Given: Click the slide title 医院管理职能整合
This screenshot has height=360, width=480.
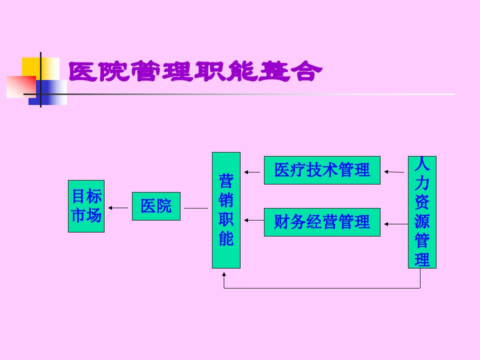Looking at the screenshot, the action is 195,71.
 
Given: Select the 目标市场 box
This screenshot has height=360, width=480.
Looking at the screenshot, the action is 86,206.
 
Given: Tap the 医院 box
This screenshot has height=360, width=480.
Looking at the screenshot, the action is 156,206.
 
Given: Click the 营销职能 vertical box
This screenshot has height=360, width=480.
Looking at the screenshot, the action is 226,210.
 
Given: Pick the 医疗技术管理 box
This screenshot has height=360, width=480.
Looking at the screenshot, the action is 322,170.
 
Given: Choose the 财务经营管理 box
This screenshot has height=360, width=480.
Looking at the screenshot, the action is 322,222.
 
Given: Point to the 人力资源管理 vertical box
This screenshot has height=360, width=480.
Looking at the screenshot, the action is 422,212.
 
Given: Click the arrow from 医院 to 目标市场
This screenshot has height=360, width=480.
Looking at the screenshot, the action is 118,208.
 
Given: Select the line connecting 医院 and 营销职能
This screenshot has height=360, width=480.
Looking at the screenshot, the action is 196,208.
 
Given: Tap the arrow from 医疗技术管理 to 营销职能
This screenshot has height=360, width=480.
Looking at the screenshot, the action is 252,172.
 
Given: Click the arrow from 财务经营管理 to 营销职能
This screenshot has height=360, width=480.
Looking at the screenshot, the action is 254,220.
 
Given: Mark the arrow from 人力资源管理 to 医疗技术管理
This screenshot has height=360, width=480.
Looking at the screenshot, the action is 394,172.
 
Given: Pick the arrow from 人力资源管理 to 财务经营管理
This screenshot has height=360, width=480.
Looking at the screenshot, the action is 396,224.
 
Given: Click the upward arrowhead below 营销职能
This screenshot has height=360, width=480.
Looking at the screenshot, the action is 224,274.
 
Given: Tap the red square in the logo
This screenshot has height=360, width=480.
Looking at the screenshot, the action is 21,87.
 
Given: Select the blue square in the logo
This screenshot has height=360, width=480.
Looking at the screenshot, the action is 48,92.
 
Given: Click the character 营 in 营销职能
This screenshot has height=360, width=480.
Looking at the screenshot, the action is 226,181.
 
